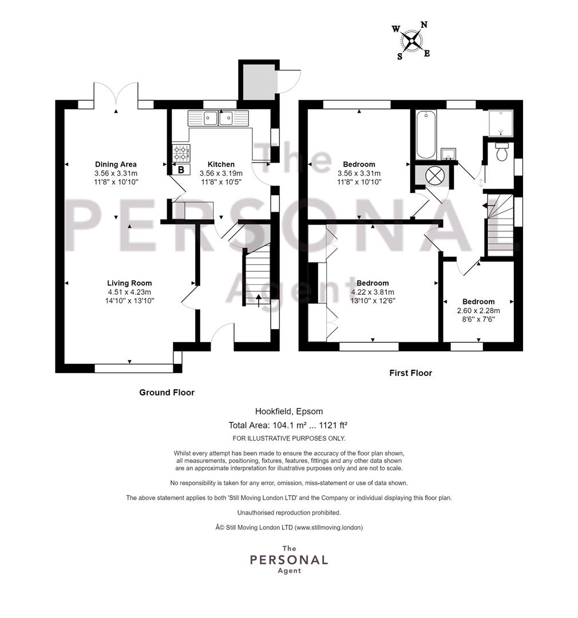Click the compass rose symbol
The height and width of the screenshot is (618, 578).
(x=411, y=40)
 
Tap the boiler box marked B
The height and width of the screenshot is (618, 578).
(x=181, y=170)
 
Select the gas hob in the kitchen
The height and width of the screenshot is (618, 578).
(x=181, y=153)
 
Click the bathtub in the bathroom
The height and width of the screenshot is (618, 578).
(x=426, y=134)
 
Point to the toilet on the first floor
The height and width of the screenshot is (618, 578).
(x=501, y=152)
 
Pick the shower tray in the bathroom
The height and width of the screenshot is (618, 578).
(x=501, y=123)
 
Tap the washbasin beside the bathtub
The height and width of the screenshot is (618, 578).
(x=448, y=154)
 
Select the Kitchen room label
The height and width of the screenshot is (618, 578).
(x=221, y=164)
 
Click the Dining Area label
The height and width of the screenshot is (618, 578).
(x=116, y=164)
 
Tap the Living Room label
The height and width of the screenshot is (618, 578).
(x=129, y=283)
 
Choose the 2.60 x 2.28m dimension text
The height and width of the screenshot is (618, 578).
(x=478, y=311)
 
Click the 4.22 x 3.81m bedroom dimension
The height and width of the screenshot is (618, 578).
(x=373, y=292)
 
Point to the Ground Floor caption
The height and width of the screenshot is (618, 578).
(x=167, y=393)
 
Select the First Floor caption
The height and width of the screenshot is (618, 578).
(x=411, y=373)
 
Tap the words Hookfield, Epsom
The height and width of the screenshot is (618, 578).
(x=289, y=411)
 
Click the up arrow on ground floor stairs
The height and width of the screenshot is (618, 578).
(x=259, y=300)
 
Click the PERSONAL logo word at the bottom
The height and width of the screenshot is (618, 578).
(x=289, y=560)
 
